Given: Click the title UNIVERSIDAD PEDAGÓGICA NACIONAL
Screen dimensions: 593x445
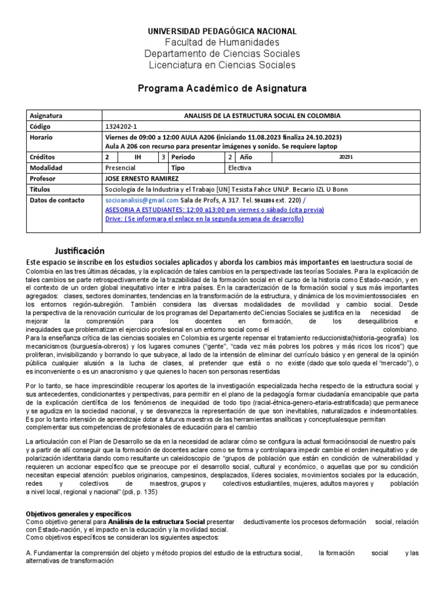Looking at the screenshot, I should (x=222, y=31).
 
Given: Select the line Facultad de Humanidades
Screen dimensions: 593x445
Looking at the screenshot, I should (x=222, y=42).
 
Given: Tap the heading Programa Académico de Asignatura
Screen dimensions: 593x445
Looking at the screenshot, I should (x=222, y=88).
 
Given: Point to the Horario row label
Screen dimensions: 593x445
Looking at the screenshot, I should (x=41, y=137).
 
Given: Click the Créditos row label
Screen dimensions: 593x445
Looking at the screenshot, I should (x=42, y=157).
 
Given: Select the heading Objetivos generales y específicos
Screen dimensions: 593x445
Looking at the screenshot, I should (x=79, y=514).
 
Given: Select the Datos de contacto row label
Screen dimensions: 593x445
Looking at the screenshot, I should (x=56, y=200).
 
